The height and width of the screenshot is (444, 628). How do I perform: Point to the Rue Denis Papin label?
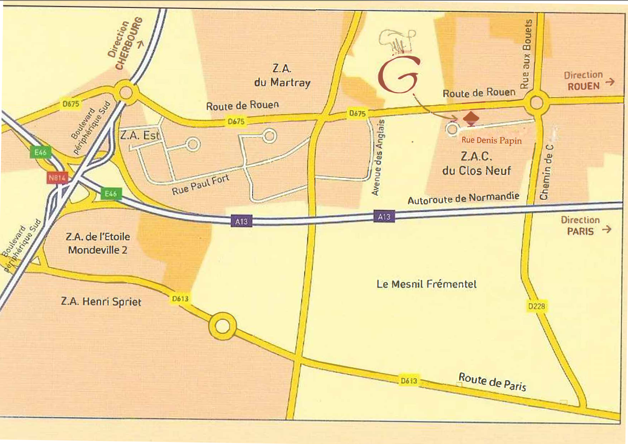pyautogui.click(x=492, y=141)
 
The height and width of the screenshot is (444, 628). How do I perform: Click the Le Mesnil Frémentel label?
pyautogui.click(x=427, y=284)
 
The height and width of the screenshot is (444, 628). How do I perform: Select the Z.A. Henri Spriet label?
pyautogui.click(x=101, y=301)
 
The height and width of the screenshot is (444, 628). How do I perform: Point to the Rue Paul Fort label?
pyautogui.click(x=200, y=185)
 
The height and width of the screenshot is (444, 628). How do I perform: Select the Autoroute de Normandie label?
pyautogui.click(x=463, y=198)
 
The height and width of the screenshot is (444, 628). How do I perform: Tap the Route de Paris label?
pyautogui.click(x=492, y=382)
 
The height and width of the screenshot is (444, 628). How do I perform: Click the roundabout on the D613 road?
pyautogui.click(x=222, y=327)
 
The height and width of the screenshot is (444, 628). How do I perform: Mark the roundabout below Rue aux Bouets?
pyautogui.click(x=536, y=103)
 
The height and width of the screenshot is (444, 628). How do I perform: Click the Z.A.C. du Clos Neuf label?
pyautogui.click(x=477, y=163)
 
